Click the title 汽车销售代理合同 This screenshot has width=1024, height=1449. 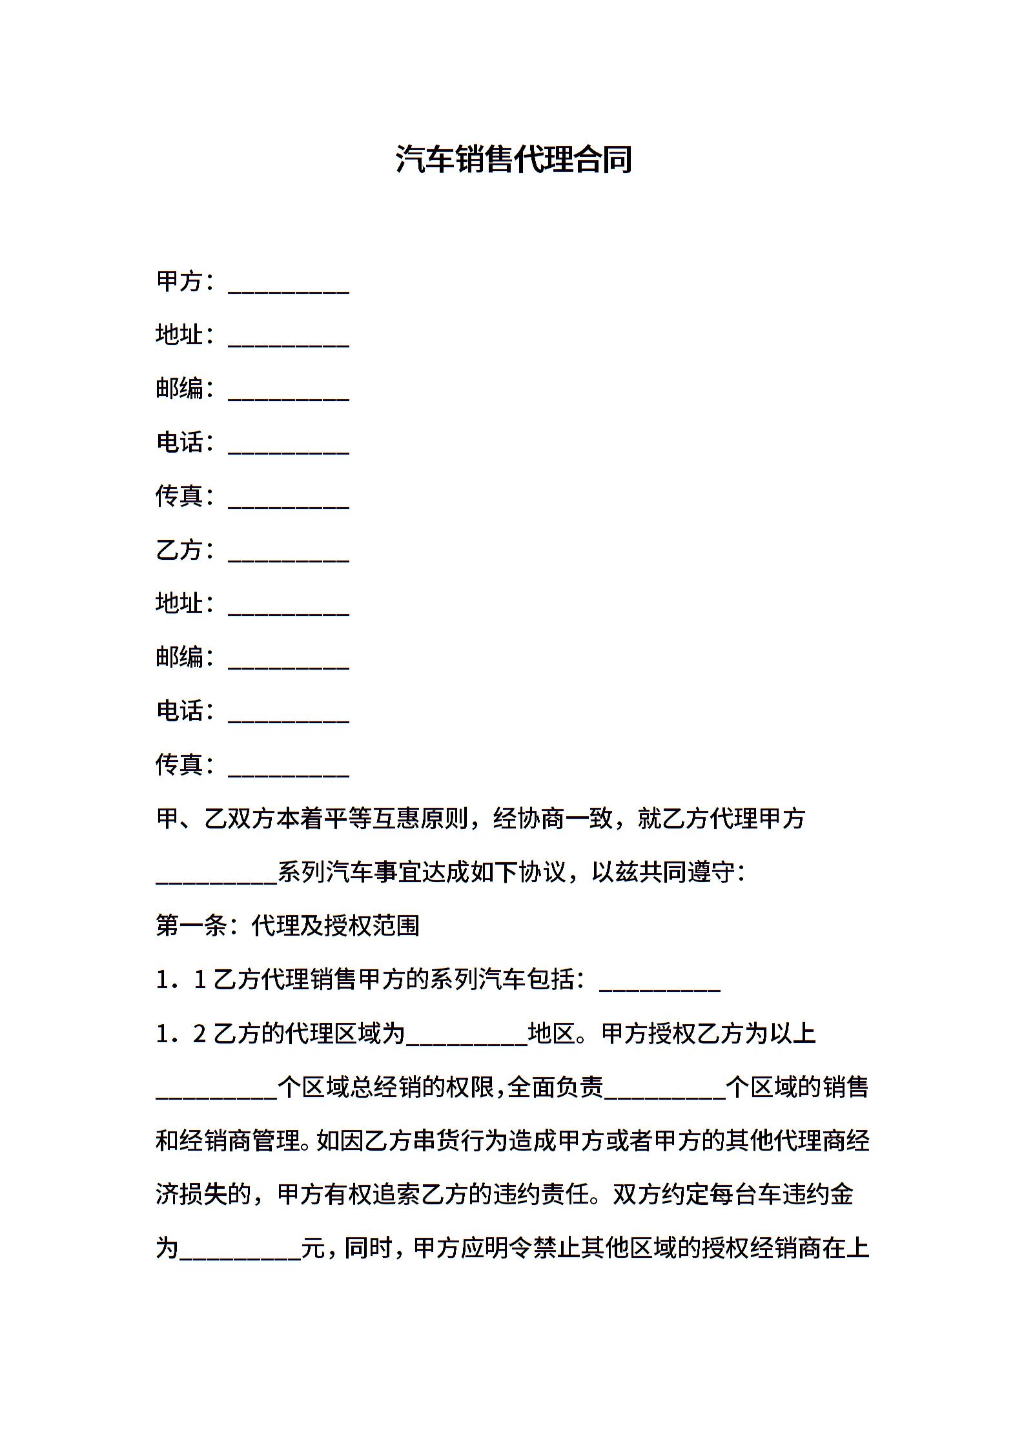click(x=513, y=159)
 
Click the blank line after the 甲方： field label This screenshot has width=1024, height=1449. click(x=289, y=284)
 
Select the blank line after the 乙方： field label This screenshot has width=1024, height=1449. click(x=289, y=553)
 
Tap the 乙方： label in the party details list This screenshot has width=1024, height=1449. click(x=184, y=550)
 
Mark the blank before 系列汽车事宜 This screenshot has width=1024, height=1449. click(x=216, y=875)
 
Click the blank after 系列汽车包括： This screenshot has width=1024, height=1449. click(x=660, y=983)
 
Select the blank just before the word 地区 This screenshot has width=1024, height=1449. click(x=466, y=1036)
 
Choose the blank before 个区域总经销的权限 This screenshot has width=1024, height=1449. click(x=216, y=1090)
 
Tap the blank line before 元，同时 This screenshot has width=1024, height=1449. click(x=240, y=1251)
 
